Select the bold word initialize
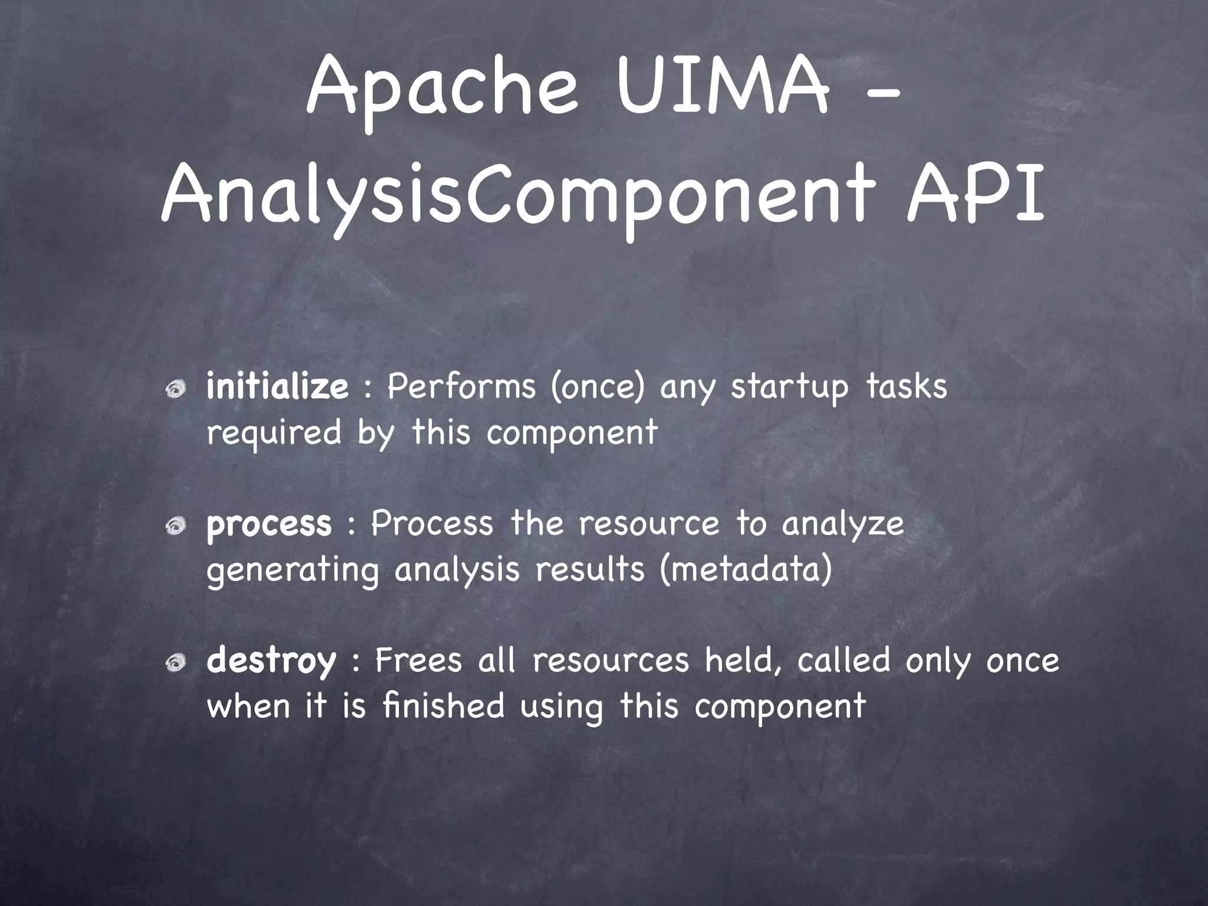(277, 387)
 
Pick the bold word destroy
(271, 661)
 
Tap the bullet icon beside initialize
(175, 389)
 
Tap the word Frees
(418, 661)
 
